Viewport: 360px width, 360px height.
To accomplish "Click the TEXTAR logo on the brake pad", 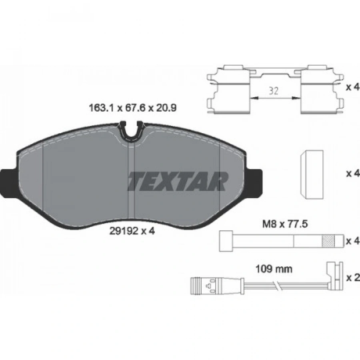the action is point(178,181).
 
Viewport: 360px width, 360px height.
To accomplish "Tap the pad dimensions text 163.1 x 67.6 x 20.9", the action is point(132,108).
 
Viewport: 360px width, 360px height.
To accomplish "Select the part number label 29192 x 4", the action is point(132,231).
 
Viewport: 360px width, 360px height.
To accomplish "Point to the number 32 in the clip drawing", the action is point(274,91).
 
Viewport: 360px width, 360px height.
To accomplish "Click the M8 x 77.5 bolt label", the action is point(285,224).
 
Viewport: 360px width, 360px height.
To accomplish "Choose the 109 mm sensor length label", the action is point(274,269).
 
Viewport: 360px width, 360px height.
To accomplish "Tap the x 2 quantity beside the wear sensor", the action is point(353,278).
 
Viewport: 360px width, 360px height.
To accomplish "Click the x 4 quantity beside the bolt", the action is point(353,241).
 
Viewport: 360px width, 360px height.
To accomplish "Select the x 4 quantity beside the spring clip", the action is point(353,87).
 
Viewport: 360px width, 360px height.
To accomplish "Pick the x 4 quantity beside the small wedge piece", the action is point(353,173).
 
